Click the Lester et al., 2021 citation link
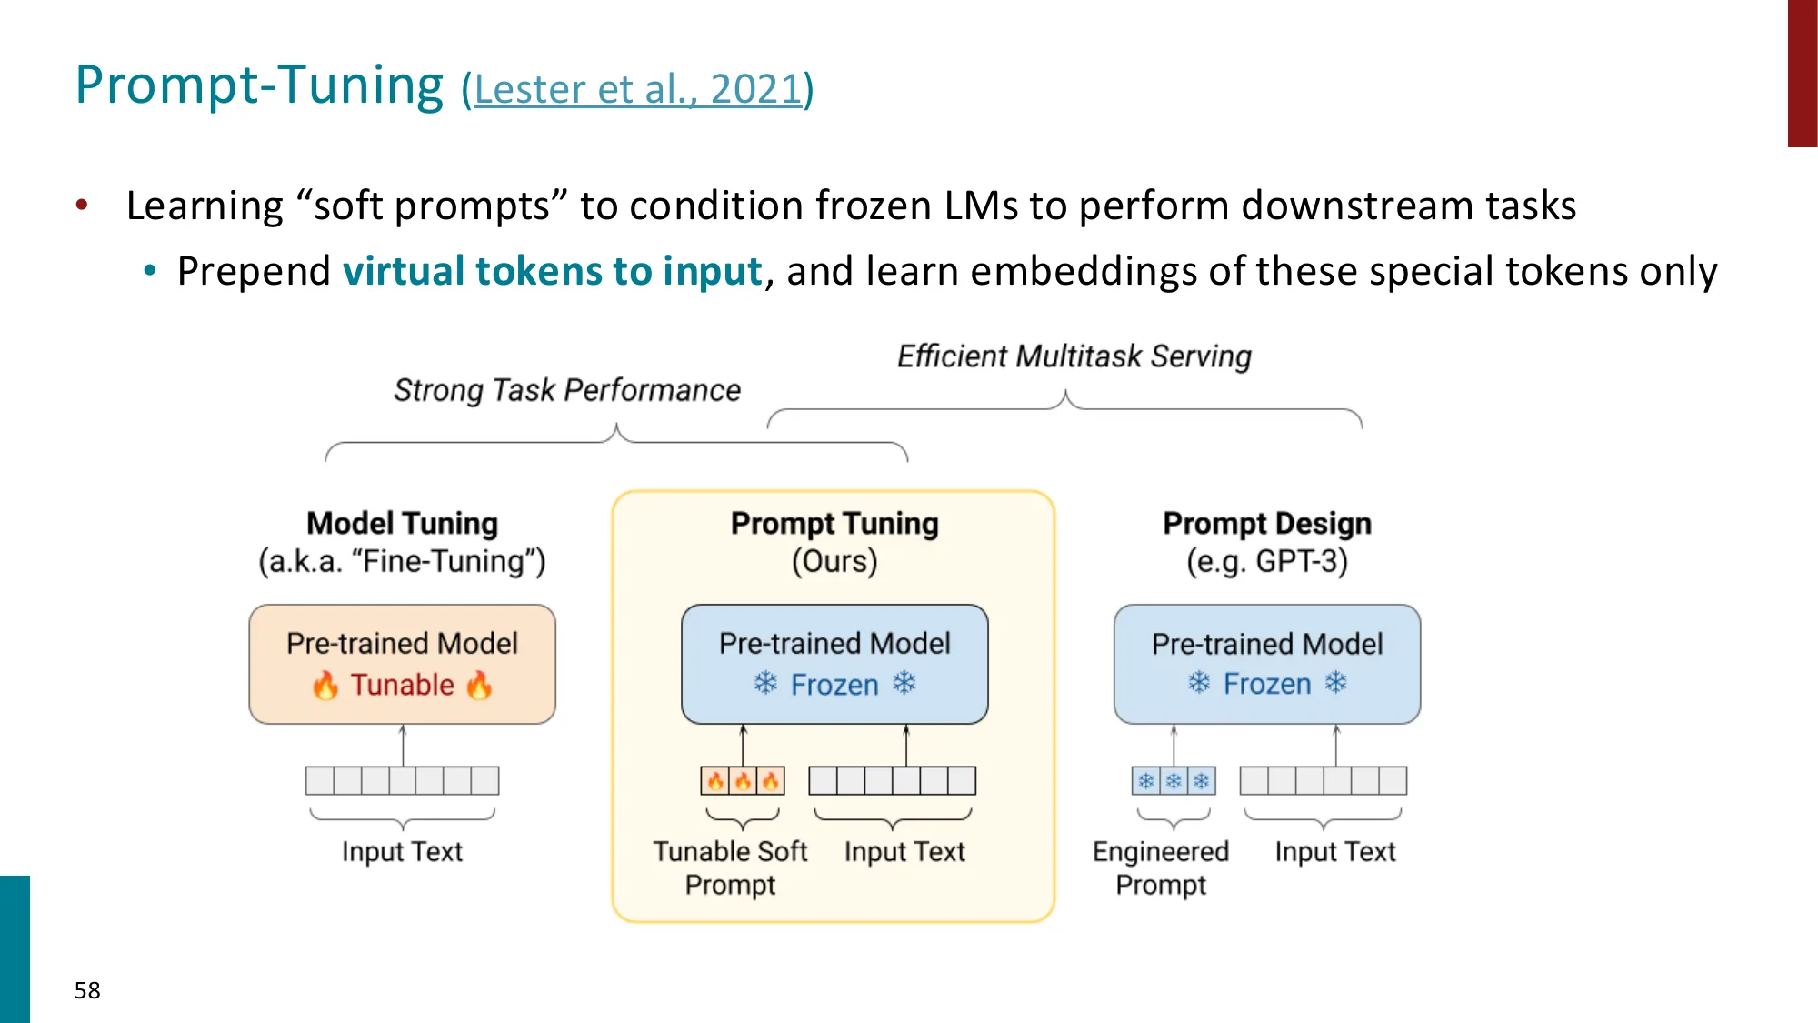coord(637,89)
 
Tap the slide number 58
coord(87,990)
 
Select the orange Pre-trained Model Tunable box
coord(402,664)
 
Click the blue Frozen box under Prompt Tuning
coord(834,664)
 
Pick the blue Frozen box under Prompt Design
coord(1266,664)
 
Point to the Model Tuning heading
coord(402,523)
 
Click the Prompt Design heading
coord(1266,523)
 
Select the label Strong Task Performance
coord(566,390)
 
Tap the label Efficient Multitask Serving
coord(1074,356)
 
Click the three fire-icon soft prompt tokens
coord(743,780)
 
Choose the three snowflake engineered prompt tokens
coord(1174,780)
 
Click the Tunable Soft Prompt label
coord(730,868)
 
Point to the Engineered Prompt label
coord(1160,868)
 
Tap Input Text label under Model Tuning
coord(402,851)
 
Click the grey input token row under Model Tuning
coord(402,780)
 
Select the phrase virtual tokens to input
coord(552,271)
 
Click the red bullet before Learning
coord(82,205)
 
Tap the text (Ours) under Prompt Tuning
coord(834,560)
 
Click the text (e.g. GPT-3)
coord(1266,560)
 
